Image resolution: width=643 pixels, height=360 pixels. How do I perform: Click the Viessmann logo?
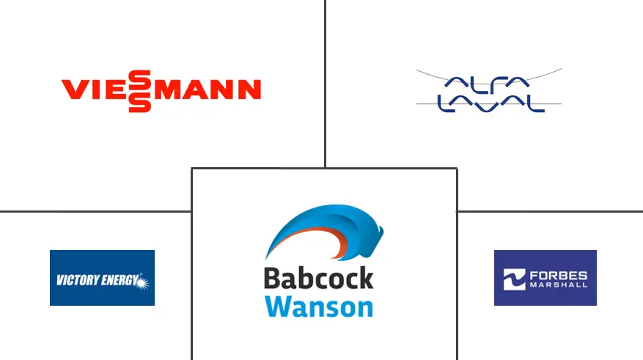click(161, 90)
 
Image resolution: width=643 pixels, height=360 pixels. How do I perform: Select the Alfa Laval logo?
click(489, 91)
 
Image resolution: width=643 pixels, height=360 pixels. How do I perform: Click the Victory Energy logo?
click(102, 278)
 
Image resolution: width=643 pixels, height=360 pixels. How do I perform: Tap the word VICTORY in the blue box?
click(77, 279)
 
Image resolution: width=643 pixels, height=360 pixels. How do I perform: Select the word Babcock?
click(318, 279)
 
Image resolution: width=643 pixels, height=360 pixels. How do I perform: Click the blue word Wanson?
click(318, 306)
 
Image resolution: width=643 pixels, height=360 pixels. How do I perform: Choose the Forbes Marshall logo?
click(545, 278)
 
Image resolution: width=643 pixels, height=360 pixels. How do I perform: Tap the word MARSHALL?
click(560, 284)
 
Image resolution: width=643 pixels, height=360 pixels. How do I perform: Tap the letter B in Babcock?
click(273, 279)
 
